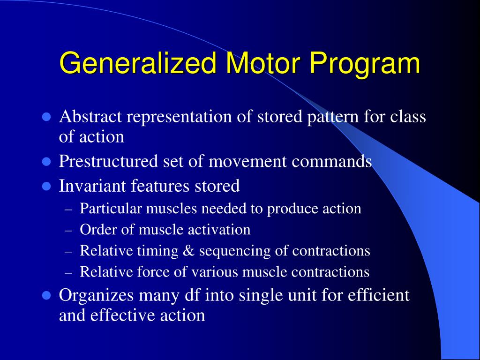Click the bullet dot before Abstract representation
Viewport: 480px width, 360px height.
46,117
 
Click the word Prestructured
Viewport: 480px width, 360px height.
109,162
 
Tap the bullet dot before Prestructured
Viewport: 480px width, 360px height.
46,162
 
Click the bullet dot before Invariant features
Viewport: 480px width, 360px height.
46,187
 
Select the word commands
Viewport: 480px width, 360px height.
332,162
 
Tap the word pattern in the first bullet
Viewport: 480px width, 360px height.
334,117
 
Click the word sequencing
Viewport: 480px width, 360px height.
235,252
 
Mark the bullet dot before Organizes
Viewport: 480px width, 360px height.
46,296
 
